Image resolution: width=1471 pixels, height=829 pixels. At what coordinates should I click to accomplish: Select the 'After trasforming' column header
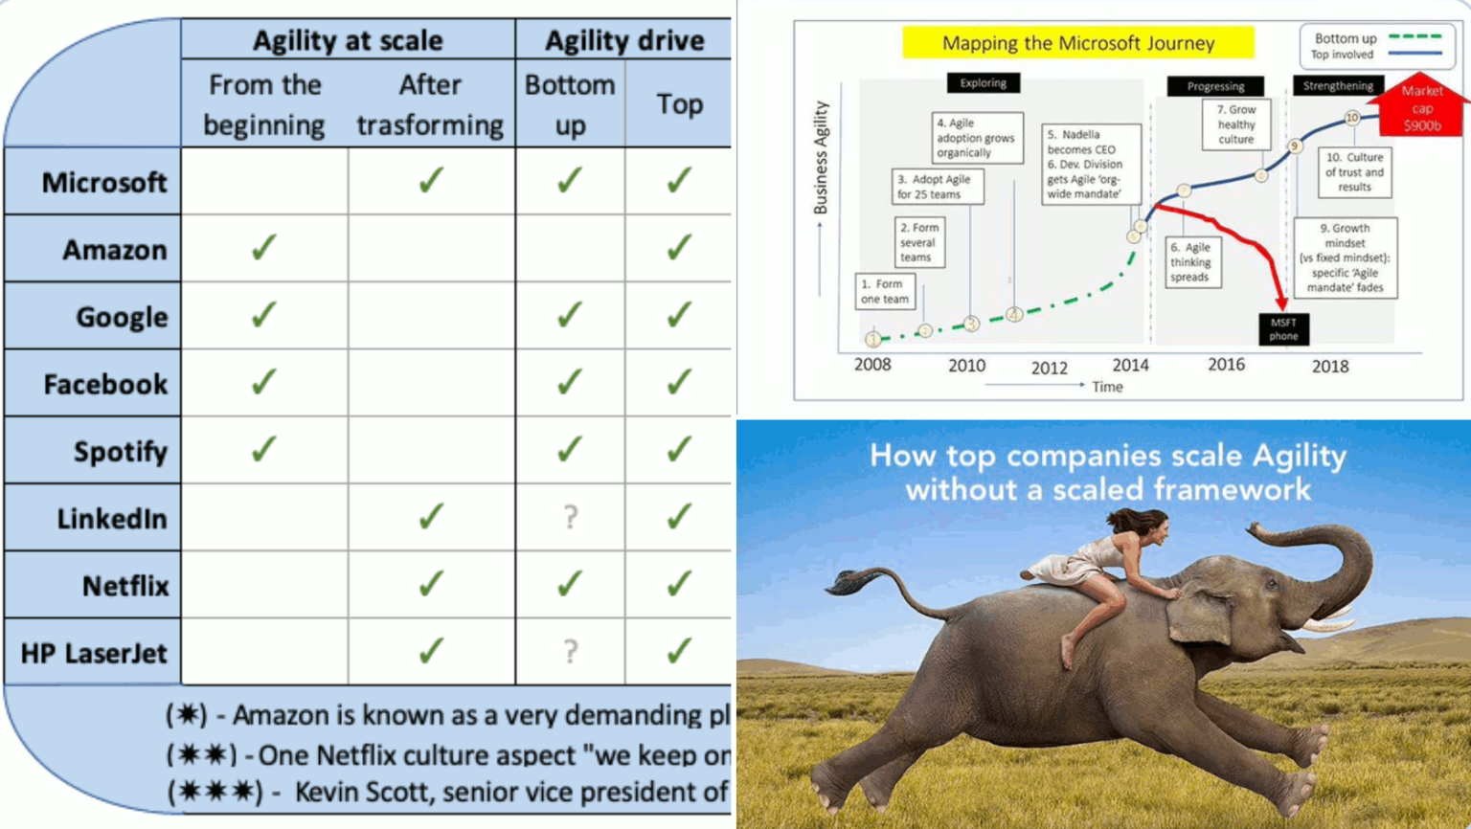(x=430, y=104)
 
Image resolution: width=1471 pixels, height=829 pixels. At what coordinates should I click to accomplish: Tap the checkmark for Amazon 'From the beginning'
(x=263, y=248)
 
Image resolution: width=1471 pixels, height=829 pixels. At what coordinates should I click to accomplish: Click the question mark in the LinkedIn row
(x=571, y=518)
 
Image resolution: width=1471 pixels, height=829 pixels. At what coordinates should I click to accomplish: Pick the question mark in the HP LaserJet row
(x=571, y=652)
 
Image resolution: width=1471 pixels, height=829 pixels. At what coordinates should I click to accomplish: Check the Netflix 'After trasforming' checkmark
(x=431, y=584)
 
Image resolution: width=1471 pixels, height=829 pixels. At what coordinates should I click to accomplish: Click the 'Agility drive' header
(x=624, y=40)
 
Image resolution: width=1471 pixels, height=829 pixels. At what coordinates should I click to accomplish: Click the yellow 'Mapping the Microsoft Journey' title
(x=1077, y=43)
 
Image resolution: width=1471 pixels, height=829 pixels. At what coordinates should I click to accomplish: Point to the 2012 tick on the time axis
(x=1049, y=368)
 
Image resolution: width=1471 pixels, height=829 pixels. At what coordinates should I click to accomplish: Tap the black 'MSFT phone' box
(x=1283, y=329)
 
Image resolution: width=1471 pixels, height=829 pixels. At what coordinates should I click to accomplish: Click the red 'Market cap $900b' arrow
(x=1421, y=107)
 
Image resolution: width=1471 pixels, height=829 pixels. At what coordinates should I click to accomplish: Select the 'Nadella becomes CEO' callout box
(x=1091, y=164)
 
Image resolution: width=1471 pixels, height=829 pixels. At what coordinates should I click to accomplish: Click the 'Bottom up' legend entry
(x=1377, y=38)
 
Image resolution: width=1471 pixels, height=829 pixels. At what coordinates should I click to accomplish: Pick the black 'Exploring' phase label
(x=983, y=83)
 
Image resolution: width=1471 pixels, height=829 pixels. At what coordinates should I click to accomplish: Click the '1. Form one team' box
(x=884, y=291)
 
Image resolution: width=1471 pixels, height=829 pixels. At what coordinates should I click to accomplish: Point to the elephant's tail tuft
(x=849, y=579)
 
